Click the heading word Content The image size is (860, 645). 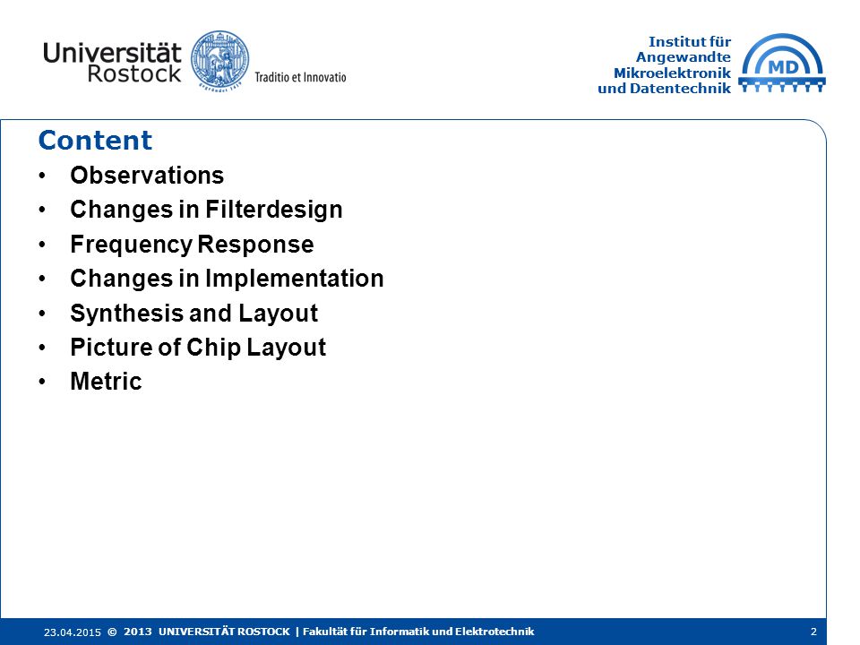coord(95,140)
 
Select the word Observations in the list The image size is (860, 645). coord(147,176)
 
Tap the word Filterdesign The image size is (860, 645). coord(274,211)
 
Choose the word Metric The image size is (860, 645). coord(107,382)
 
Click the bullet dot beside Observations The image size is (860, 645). coord(43,176)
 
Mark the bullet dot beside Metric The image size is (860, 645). coord(43,383)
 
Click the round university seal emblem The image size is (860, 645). coord(220,60)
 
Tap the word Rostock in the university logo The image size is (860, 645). coord(133,74)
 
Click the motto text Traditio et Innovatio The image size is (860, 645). coord(301,77)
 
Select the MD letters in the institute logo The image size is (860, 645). coord(784,67)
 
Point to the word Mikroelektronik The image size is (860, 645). coord(673,73)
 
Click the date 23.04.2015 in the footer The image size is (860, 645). coord(73,632)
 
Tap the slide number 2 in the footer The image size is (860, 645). coord(814,632)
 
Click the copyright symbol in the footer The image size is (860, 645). coord(113,632)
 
